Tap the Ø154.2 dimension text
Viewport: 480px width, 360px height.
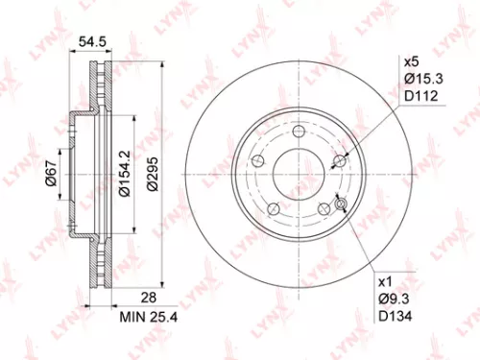pyautogui.click(x=123, y=176)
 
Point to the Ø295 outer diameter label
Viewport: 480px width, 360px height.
pyautogui.click(x=152, y=177)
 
